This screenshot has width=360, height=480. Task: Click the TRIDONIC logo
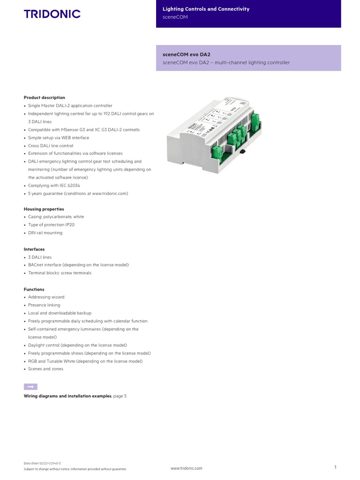point(52,14)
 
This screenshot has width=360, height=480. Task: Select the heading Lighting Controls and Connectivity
point(206,9)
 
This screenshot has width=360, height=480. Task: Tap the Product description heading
point(45,97)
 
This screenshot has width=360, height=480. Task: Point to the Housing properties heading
point(44,209)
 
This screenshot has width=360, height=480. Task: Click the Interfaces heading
point(34,249)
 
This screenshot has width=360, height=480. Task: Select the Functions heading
point(34,289)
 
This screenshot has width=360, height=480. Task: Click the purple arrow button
point(30,387)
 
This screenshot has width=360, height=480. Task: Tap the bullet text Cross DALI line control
point(51,146)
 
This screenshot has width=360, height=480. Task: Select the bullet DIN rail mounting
point(45,233)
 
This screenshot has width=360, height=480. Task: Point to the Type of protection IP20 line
point(51,225)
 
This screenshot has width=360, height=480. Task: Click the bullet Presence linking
point(44,305)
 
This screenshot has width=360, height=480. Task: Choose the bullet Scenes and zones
point(45,369)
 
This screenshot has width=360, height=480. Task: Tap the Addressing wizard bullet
point(46,297)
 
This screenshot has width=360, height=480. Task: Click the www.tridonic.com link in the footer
point(187,468)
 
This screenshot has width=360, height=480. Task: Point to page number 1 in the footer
point(336,467)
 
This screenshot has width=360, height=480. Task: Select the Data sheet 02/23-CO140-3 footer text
point(42,463)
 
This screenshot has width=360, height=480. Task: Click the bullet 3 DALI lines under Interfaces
point(40,257)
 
